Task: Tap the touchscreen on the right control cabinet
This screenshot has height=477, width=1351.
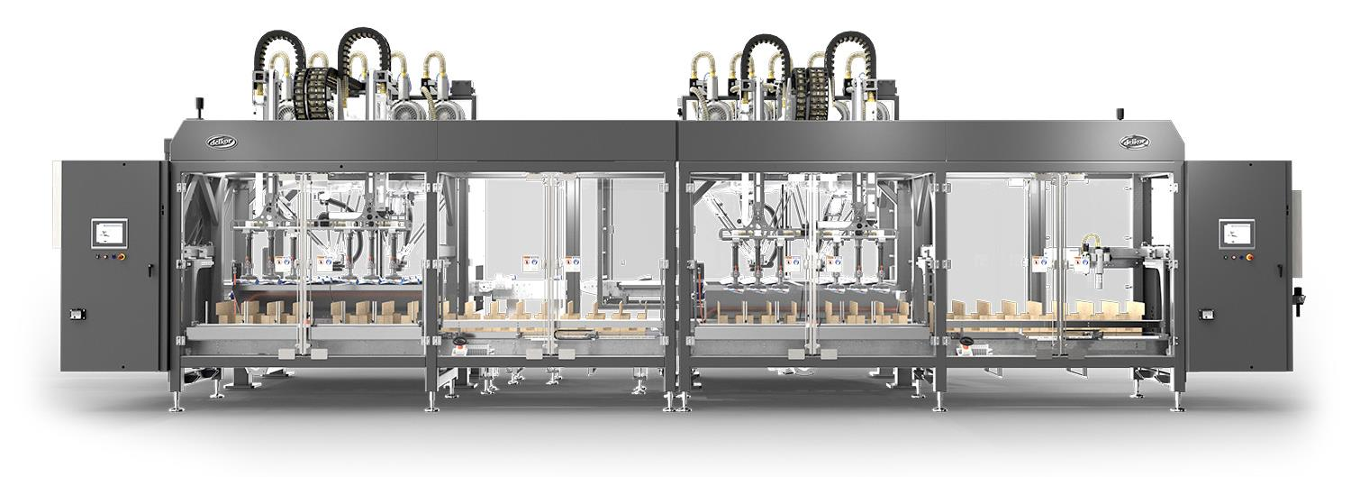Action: (x=1234, y=234)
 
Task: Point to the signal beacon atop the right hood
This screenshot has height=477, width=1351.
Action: (x=1121, y=114)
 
